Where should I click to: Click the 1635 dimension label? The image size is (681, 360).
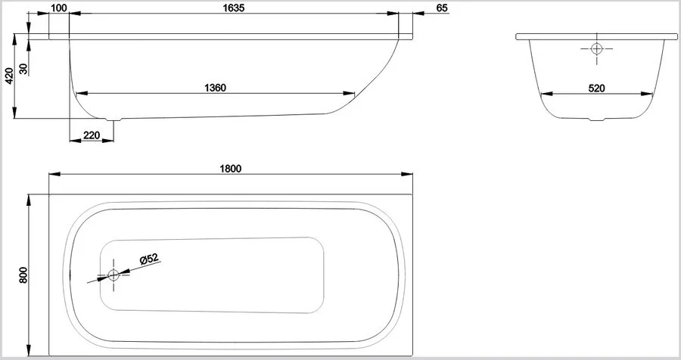click(x=234, y=8)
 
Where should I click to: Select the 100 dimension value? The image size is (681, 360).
click(x=58, y=8)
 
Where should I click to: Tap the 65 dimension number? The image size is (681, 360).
click(x=442, y=8)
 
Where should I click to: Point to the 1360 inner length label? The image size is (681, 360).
click(x=215, y=88)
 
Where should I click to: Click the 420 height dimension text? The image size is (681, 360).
click(x=9, y=76)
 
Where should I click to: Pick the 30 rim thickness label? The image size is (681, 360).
click(x=23, y=68)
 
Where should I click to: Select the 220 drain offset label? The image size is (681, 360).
click(x=92, y=135)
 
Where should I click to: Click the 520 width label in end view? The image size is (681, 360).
click(x=596, y=88)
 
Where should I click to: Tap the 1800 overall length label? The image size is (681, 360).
click(x=230, y=169)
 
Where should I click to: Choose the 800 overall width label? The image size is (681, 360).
click(x=23, y=275)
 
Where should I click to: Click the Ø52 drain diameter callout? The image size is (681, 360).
click(x=149, y=259)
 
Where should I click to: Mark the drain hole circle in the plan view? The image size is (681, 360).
click(x=113, y=275)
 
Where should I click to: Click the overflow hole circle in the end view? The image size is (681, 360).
click(x=597, y=48)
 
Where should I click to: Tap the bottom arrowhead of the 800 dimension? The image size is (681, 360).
click(x=29, y=351)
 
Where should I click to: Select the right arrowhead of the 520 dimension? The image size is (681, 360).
click(x=647, y=93)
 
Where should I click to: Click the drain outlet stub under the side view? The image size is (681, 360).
click(x=114, y=119)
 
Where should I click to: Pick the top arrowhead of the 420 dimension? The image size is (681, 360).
click(x=15, y=39)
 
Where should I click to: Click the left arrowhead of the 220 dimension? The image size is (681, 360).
click(x=75, y=141)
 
